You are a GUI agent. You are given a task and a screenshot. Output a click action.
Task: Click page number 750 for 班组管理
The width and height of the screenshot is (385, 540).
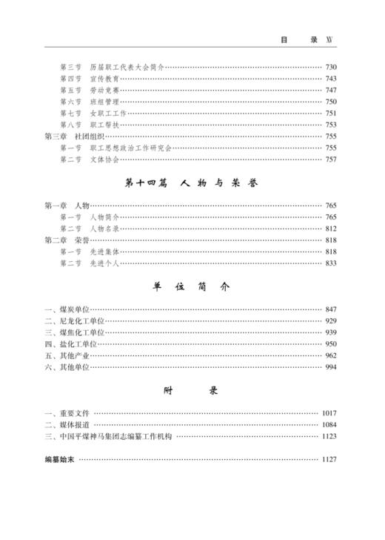(x=330, y=102)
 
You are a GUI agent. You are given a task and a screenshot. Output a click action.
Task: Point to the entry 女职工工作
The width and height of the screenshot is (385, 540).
(x=110, y=113)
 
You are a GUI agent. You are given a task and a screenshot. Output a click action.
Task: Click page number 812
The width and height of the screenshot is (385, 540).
(x=330, y=228)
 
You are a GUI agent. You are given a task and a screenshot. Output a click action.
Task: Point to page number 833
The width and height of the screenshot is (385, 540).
(x=330, y=263)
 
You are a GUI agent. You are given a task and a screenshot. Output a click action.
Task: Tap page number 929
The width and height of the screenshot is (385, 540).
(x=330, y=320)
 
